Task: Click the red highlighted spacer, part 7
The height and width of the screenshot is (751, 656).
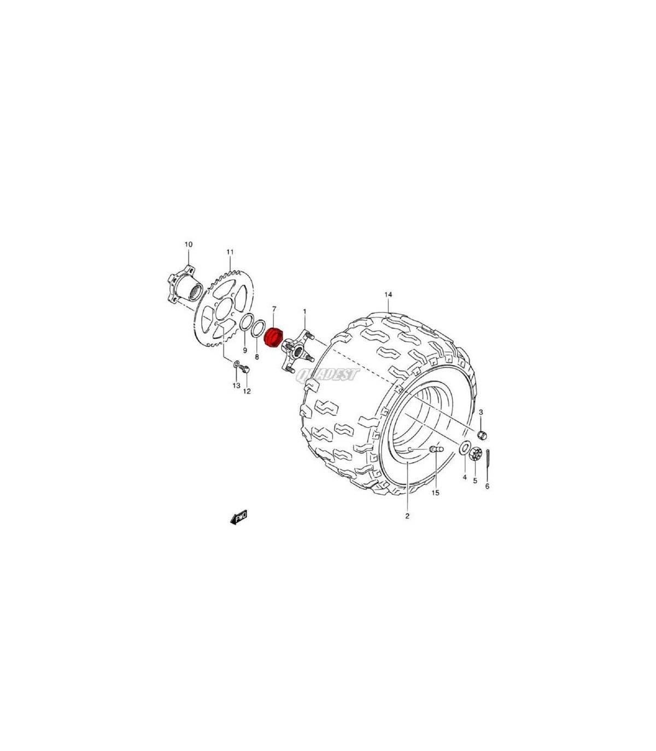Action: coord(273,336)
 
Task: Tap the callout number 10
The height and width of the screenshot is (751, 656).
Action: coord(188,245)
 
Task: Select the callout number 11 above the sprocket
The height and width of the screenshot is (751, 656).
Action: coord(230,252)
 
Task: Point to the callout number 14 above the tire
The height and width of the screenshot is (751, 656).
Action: coord(389,294)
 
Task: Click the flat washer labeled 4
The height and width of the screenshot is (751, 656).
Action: coord(465,448)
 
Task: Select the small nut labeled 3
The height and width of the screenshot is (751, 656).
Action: coord(482,435)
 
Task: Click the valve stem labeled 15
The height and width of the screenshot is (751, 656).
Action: coord(436,449)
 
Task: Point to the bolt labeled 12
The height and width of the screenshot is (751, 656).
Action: coord(247,368)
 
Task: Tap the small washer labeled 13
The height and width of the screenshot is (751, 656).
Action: coord(236,364)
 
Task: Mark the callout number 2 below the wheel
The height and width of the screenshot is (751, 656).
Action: coord(407,516)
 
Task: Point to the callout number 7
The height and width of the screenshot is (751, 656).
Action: coord(274,308)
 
